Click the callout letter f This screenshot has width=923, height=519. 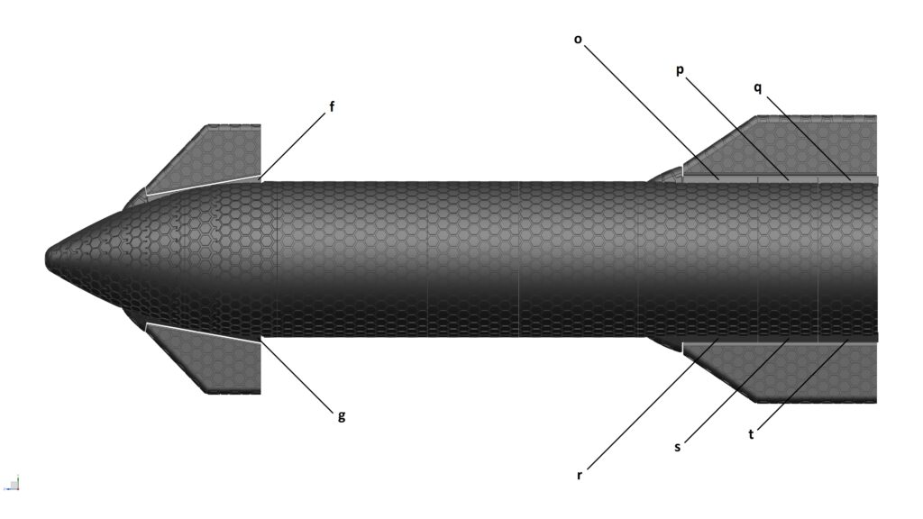(x=332, y=107)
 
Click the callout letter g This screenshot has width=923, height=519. (x=341, y=415)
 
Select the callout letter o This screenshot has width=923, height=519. (x=577, y=39)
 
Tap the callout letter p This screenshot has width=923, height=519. (x=680, y=70)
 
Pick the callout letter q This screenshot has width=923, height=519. (x=758, y=87)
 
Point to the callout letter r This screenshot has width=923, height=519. (x=580, y=474)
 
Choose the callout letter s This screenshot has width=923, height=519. (x=677, y=447)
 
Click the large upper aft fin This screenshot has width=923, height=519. (x=793, y=144)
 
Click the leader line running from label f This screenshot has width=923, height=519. (x=293, y=145)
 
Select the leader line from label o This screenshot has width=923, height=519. (x=649, y=108)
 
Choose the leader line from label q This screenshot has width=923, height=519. (x=807, y=135)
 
